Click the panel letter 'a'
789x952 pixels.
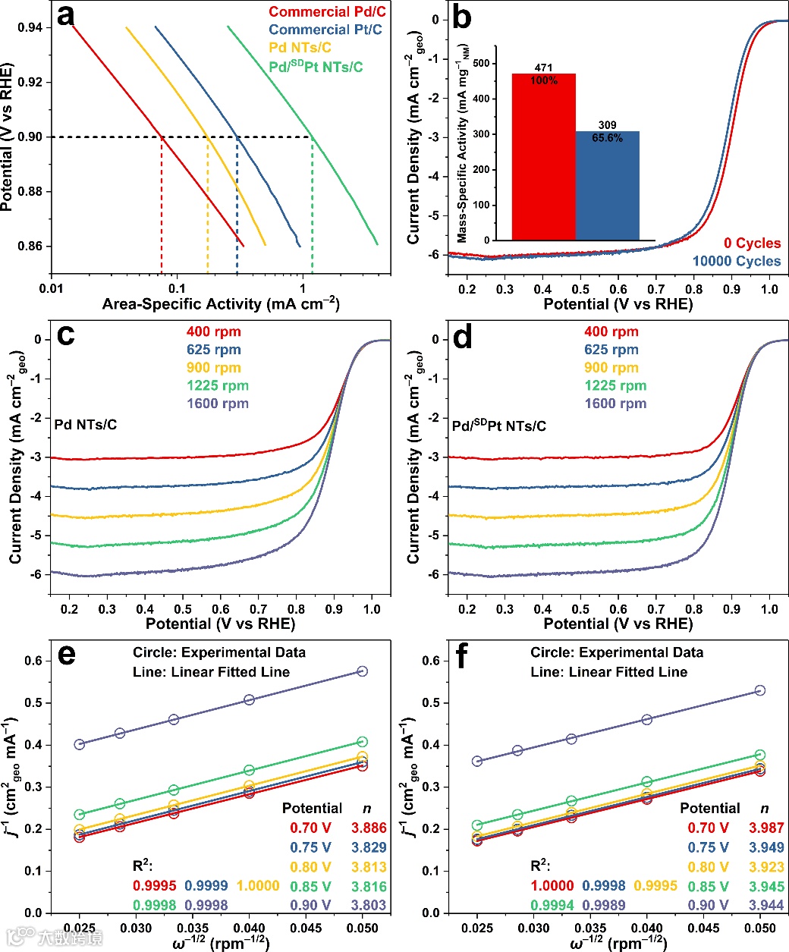tap(66, 16)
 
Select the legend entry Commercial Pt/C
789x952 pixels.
tap(325, 30)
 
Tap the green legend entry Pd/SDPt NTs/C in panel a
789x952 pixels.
tap(316, 67)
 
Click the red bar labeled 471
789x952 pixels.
tap(543, 156)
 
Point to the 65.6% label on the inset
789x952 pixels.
tap(607, 138)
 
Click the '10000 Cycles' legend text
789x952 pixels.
tap(736, 261)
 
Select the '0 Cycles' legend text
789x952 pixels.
tap(752, 243)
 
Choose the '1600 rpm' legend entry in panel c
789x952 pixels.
tap(218, 404)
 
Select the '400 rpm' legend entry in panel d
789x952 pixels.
tap(611, 331)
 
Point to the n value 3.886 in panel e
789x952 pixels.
tap(369, 828)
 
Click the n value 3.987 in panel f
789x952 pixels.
tap(766, 828)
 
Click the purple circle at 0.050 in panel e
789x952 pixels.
tap(363, 671)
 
